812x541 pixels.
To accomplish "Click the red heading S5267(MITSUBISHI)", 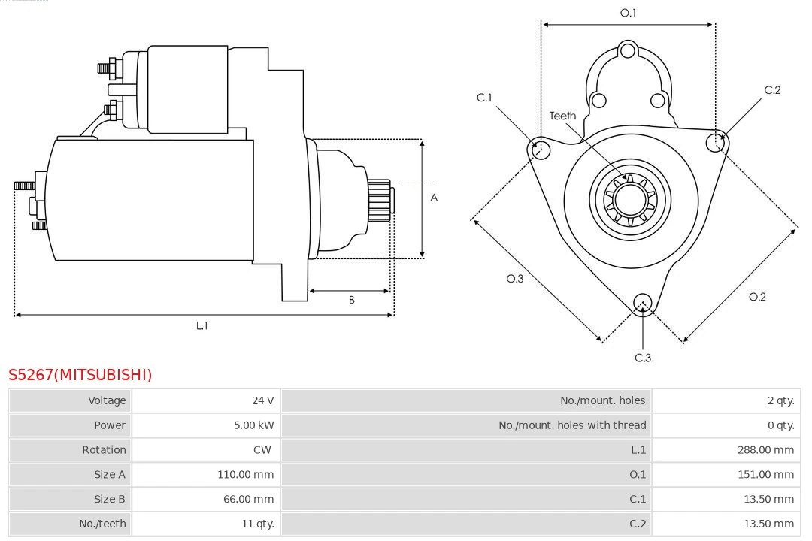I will [x=80, y=374].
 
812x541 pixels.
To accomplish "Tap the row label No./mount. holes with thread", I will [x=572, y=425].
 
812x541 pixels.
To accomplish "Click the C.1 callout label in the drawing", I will [x=483, y=98].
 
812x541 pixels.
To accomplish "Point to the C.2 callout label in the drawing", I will [x=772, y=90].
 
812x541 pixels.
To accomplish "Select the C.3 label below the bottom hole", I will [x=643, y=358].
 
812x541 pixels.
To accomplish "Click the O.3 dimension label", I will [x=514, y=279].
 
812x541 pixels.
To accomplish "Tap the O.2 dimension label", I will [x=757, y=297].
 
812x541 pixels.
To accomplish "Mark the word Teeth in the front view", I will [x=562, y=116].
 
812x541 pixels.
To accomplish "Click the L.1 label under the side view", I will [x=201, y=325].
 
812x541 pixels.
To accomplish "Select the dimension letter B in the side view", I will [x=351, y=300].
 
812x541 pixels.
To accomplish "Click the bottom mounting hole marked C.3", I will [x=642, y=303].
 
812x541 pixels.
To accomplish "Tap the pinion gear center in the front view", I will [x=629, y=199].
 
